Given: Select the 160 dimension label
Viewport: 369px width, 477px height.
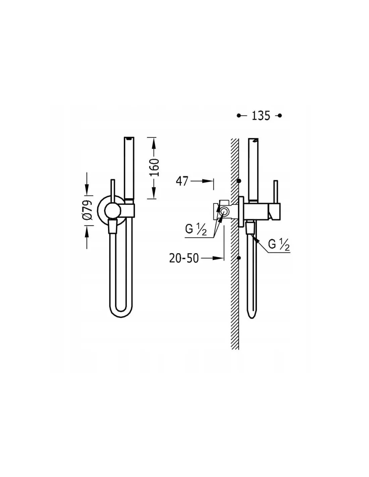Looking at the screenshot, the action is [154, 167].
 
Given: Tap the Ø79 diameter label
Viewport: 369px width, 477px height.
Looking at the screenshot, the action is [88, 210].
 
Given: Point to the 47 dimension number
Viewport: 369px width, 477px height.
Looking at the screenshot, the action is [182, 181].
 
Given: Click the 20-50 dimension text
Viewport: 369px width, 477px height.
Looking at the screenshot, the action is [184, 258].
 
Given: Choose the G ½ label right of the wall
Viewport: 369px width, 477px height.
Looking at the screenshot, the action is [279, 245].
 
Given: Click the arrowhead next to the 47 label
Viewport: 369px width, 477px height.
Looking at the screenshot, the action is [208, 181].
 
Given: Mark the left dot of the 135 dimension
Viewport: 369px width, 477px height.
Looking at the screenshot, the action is [239, 116].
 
